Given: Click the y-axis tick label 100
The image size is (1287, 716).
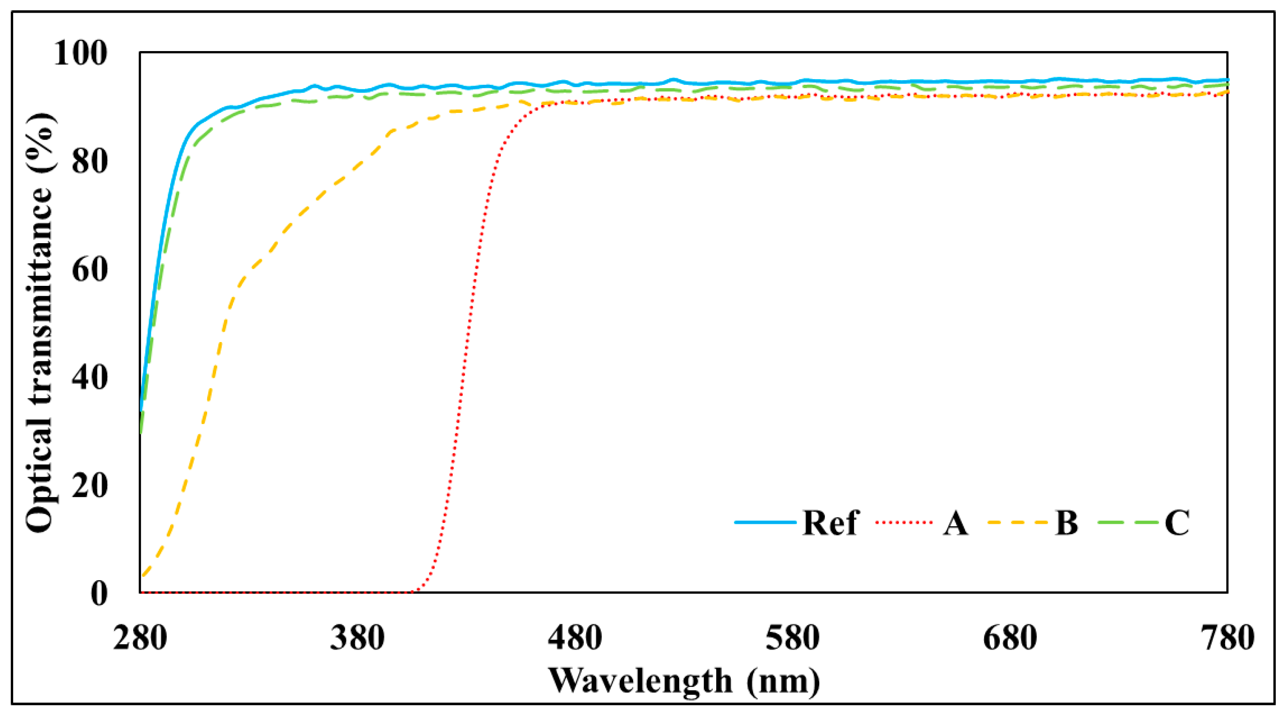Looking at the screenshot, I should [x=81, y=53].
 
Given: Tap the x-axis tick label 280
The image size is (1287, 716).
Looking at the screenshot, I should [x=140, y=639].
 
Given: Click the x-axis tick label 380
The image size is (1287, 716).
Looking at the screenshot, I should [x=357, y=639].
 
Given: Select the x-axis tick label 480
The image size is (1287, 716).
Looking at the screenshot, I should [x=575, y=639].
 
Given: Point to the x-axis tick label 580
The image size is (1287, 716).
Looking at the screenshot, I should [x=793, y=639].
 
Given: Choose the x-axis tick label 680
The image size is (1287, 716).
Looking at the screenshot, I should [x=1010, y=639].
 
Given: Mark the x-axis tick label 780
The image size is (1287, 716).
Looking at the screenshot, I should [x=1227, y=639].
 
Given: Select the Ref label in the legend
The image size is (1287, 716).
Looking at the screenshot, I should [x=831, y=523].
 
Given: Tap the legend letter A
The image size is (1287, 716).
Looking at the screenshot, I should [x=955, y=523].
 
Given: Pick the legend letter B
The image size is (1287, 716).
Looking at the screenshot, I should [x=1066, y=523].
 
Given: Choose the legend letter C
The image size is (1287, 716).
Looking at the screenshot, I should [x=1176, y=523].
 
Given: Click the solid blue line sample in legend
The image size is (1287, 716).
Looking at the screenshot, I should [x=765, y=522].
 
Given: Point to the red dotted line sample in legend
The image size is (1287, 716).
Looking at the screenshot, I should [x=904, y=522].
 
